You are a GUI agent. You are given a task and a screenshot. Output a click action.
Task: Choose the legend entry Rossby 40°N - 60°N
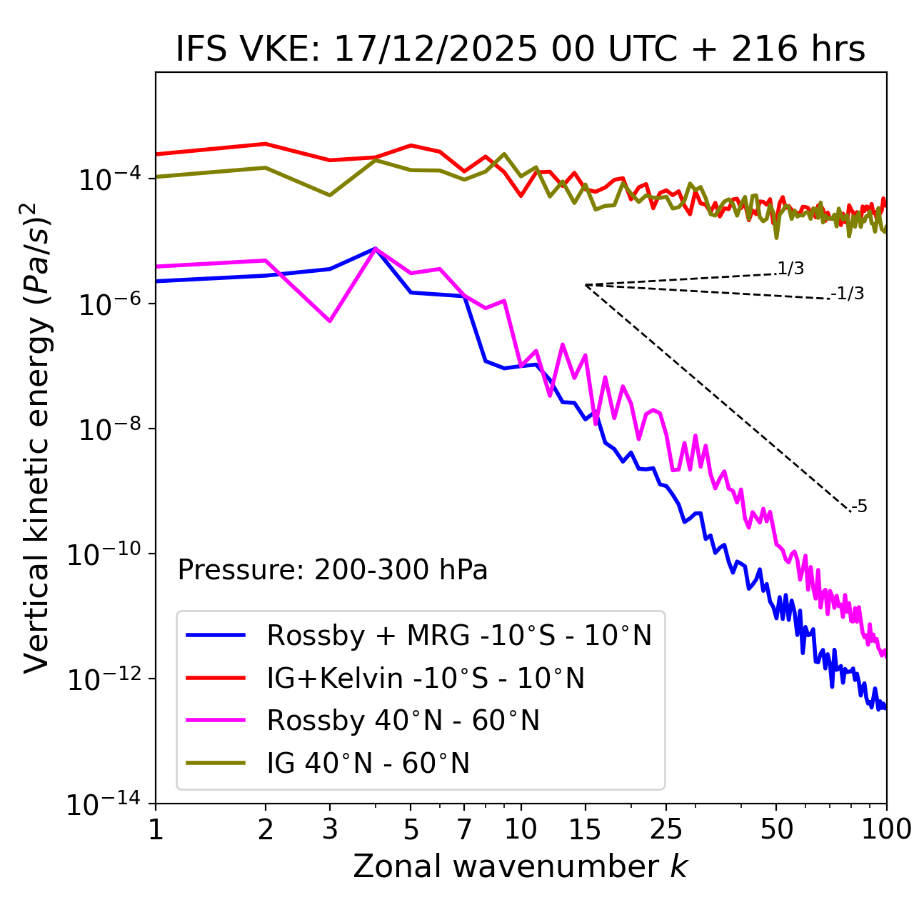coord(403,721)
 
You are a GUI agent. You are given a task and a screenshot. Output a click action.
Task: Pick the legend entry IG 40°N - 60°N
coord(368,764)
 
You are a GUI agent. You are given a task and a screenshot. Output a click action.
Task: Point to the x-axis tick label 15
coord(585,829)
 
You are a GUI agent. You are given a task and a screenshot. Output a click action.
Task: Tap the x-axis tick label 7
coord(464,829)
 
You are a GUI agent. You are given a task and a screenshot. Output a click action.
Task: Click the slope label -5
coord(860,506)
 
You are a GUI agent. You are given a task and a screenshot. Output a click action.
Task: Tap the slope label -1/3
coord(849,294)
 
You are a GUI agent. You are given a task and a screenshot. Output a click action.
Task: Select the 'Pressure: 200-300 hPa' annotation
coord(332,570)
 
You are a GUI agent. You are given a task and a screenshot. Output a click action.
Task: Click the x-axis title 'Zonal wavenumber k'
coord(520,866)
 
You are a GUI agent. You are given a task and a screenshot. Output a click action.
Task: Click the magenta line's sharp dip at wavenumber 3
coord(330,321)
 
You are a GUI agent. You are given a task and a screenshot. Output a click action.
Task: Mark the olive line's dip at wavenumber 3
coord(330,195)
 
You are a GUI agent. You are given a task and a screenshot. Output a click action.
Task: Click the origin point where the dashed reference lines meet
coord(586,285)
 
